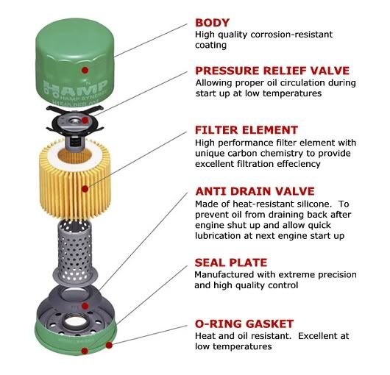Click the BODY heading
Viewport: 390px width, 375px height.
pyautogui.click(x=212, y=23)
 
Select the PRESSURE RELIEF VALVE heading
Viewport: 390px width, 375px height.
pyautogui.click(x=272, y=71)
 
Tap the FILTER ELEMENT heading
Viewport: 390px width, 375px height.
pyautogui.click(x=247, y=130)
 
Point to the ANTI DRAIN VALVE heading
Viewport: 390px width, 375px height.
pyautogui.click(x=255, y=191)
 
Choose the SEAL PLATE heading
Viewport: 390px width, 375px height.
pyautogui.click(x=231, y=262)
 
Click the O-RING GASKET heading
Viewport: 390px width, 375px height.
pyautogui.click(x=244, y=324)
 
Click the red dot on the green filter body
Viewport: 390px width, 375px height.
pyautogui.click(x=85, y=71)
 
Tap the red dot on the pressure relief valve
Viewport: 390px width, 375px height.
pyautogui.click(x=85, y=121)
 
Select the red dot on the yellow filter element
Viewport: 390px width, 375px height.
pyautogui.click(x=85, y=189)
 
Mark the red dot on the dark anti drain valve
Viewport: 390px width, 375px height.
pyautogui.click(x=85, y=306)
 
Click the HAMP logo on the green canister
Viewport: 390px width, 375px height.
pyautogui.click(x=76, y=89)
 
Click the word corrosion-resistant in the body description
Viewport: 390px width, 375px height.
pyautogui.click(x=291, y=35)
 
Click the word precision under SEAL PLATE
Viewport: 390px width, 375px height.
pyautogui.click(x=337, y=275)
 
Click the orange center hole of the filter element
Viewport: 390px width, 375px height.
pyautogui.click(x=74, y=156)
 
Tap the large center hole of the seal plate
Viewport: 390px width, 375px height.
pyautogui.click(x=76, y=322)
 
